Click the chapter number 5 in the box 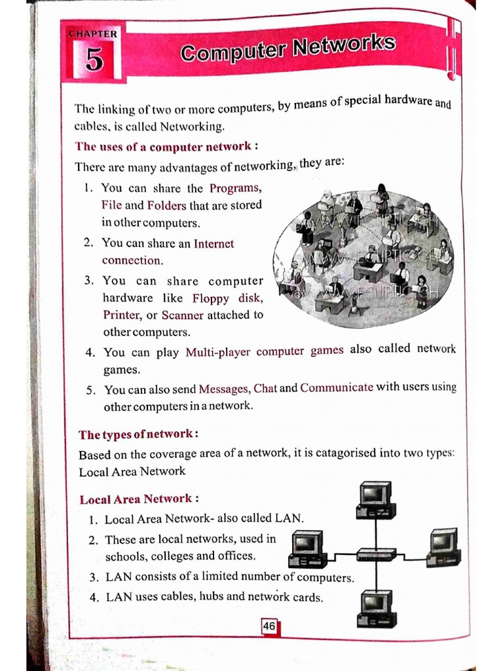(94, 60)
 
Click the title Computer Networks (288, 48)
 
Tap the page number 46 (269, 626)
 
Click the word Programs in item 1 (236, 188)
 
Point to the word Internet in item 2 (214, 243)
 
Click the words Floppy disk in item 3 (227, 299)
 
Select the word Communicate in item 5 (337, 388)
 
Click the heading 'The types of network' (137, 434)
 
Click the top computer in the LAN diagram (376, 499)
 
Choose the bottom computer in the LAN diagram (377, 609)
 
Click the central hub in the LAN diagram (376, 554)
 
